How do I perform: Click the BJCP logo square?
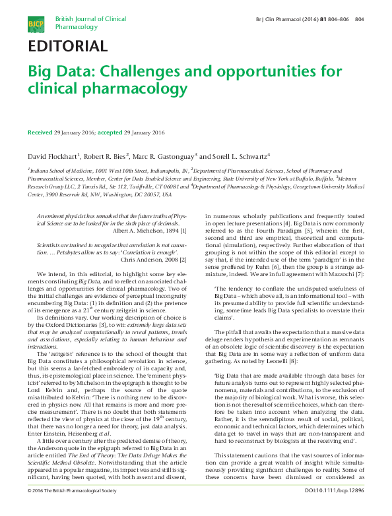tap(34, 24)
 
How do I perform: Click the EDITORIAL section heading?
tap(67, 46)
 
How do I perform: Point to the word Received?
tap(40, 132)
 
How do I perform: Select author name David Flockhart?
tap(53, 156)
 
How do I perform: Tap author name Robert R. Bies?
tap(104, 156)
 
